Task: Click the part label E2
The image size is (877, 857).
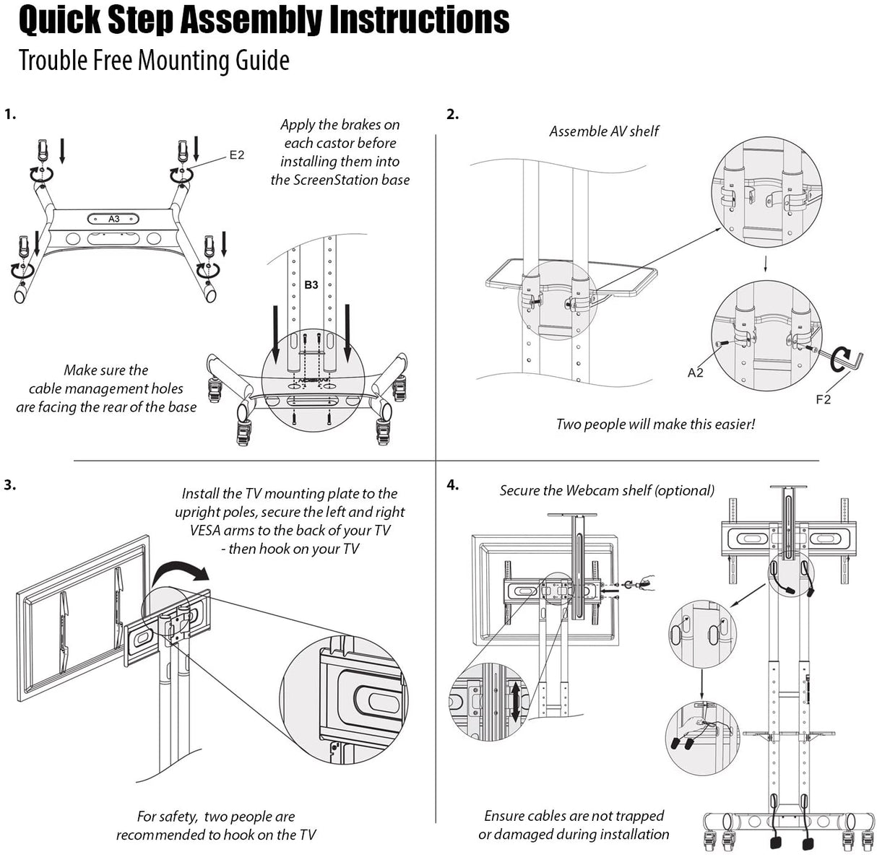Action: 237,155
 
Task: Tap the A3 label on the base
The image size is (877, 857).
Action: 114,219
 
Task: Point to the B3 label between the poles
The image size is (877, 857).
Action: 311,284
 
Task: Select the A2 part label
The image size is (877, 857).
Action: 695,373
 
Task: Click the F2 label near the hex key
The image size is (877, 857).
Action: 823,399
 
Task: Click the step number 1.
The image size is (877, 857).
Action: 10,114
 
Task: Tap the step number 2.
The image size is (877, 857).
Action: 452,114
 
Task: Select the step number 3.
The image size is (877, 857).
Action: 10,484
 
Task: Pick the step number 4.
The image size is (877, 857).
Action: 452,484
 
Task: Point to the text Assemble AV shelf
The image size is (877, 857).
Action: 604,131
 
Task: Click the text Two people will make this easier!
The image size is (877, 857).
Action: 655,424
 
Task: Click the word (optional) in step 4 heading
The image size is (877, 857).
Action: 684,490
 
